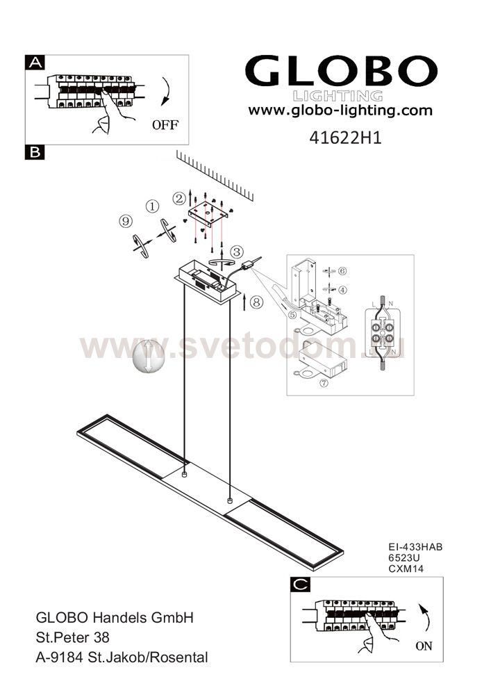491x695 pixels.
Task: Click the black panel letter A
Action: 35,63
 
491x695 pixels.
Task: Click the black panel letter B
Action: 35,152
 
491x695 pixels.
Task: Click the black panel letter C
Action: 301,584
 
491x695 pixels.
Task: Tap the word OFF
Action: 165,125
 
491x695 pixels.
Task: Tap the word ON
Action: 424,646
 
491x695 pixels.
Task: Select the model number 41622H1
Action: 345,138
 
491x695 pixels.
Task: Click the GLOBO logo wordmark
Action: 342,71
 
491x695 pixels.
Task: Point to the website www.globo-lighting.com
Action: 340,111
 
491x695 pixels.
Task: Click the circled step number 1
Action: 152,206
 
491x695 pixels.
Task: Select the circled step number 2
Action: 179,199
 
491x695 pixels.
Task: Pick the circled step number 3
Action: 237,252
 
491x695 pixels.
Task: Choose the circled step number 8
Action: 256,302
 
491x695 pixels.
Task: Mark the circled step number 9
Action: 126,221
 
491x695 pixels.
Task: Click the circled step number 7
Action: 324,382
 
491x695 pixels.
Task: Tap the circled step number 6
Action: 342,271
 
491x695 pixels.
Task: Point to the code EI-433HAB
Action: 415,547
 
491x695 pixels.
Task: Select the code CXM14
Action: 406,569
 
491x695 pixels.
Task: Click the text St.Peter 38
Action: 73,637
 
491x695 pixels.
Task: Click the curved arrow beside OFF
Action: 165,91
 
